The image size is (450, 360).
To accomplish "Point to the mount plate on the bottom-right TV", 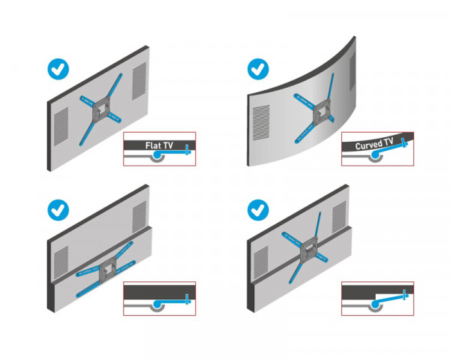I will point(309,247).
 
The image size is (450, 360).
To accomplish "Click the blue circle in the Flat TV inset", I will point(157,156).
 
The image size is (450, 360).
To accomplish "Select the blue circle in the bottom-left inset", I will point(157,304).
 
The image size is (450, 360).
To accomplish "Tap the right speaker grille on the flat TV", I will point(139,80).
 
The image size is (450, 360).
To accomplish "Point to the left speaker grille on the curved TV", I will point(260,120).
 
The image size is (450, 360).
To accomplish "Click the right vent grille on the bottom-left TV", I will point(139,217).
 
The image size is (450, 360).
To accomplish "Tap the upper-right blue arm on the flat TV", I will point(117,87).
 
